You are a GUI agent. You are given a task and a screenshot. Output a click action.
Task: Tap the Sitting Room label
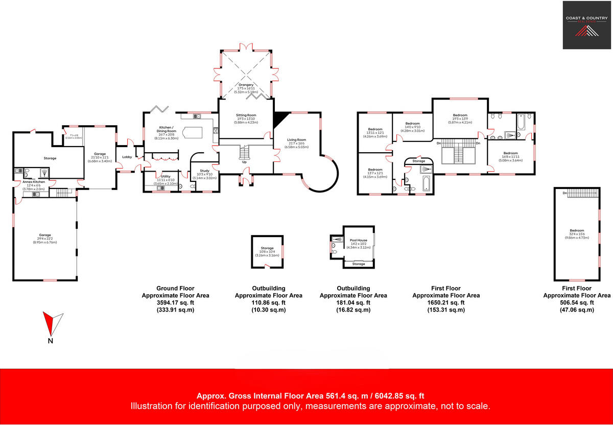246,115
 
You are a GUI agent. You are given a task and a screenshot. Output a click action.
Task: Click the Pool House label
358,240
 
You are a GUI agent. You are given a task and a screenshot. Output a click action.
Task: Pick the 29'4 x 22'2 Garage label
45,235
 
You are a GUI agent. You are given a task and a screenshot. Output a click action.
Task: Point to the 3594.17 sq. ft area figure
175,302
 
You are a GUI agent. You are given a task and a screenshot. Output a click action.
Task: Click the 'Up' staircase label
245,162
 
